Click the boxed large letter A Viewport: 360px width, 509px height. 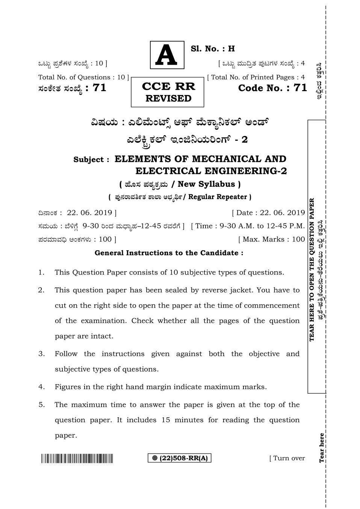click(167, 55)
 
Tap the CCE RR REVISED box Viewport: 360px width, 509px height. click(168, 92)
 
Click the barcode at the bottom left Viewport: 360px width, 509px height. click(77, 459)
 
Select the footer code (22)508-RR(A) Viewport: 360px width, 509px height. click(180, 458)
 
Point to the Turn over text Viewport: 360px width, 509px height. click(287, 458)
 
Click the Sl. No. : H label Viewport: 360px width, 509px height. click(213, 48)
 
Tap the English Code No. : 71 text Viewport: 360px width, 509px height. click(272, 88)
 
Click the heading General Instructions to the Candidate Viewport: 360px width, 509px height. click(169, 253)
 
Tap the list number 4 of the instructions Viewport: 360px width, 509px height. click(41, 387)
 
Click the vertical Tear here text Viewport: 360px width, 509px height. click(322, 448)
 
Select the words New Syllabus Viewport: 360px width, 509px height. click(206, 184)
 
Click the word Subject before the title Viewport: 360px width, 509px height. click(89, 160)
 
